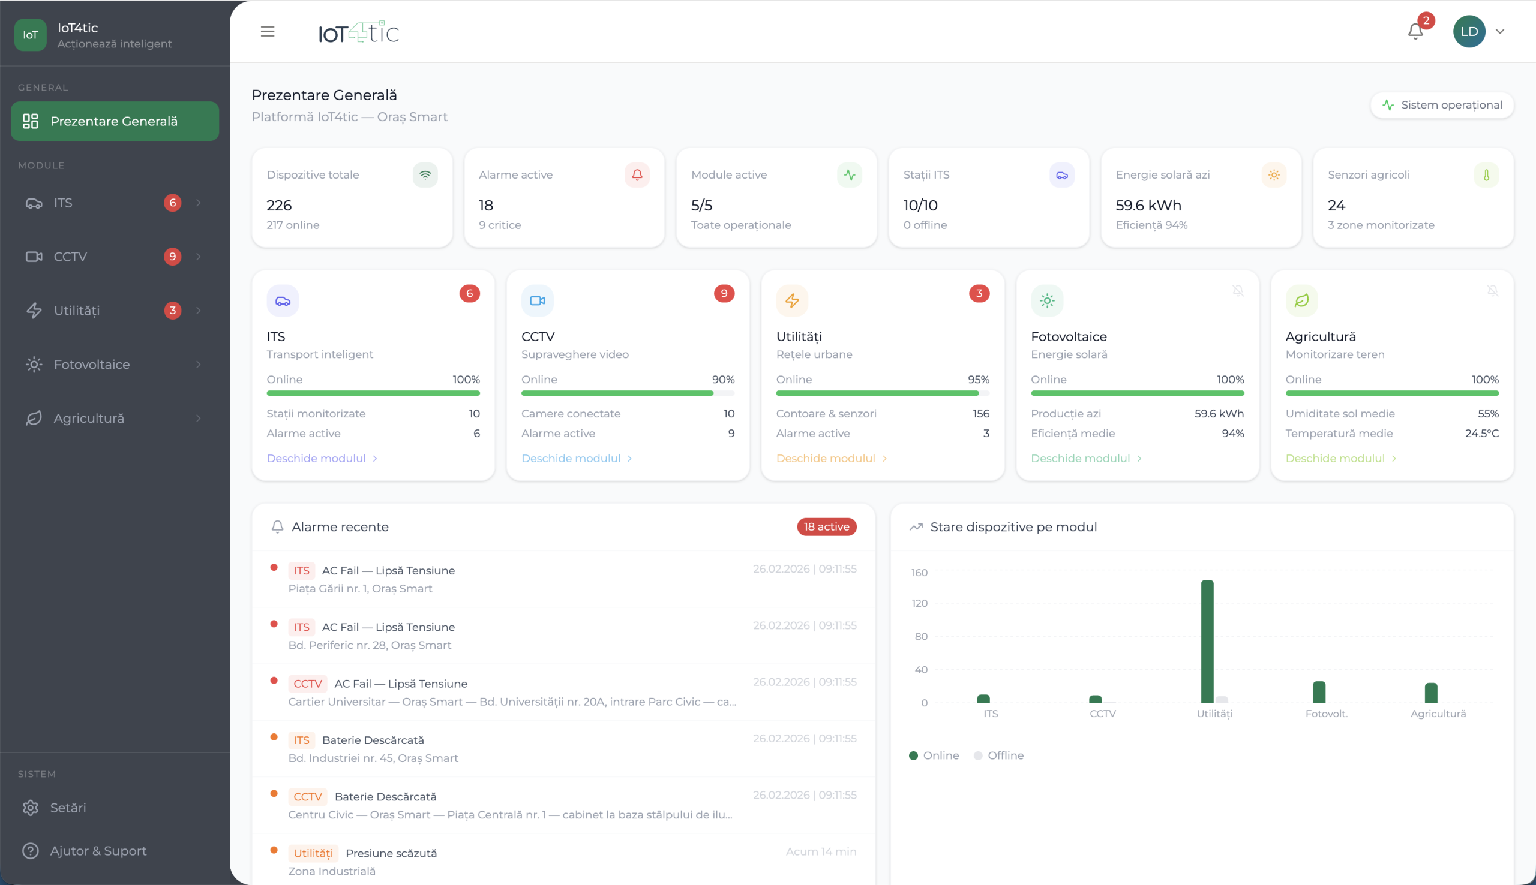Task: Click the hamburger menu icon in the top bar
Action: [x=268, y=32]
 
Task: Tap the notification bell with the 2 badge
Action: [x=1415, y=32]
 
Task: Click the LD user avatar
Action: [x=1469, y=32]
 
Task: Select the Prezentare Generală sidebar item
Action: [x=115, y=121]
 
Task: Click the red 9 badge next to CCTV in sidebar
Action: [x=173, y=257]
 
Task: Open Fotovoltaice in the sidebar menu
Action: [x=92, y=364]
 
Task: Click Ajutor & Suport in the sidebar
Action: [x=98, y=850]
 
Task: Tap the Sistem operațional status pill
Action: [x=1442, y=104]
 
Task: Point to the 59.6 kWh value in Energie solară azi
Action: [x=1148, y=206]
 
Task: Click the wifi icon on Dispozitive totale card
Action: [x=425, y=175]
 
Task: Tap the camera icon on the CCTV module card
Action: [x=538, y=300]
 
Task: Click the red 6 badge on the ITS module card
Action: [x=469, y=294]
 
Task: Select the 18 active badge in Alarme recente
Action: [x=826, y=526]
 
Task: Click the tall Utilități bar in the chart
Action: [x=1207, y=641]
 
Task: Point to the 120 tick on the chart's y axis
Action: [x=919, y=603]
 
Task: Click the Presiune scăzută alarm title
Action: [x=391, y=853]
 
